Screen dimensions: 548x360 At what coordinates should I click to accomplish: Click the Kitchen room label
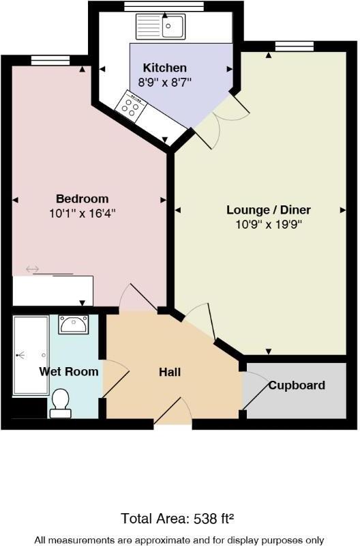(x=164, y=68)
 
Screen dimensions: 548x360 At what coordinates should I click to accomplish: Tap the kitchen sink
(x=161, y=27)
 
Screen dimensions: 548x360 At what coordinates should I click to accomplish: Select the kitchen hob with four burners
(x=130, y=105)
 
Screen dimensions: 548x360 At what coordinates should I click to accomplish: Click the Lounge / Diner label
(x=269, y=210)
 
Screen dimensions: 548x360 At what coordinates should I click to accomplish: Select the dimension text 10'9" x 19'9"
(x=269, y=223)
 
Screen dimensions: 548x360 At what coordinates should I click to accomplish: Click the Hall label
(x=170, y=372)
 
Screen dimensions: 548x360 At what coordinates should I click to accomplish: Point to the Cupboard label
(x=297, y=386)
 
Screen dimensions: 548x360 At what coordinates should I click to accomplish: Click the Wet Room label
(x=69, y=372)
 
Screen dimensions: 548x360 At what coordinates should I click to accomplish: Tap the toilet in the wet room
(x=60, y=403)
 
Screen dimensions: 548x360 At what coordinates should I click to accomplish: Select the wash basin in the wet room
(x=73, y=324)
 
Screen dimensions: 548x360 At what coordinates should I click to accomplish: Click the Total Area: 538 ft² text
(x=180, y=518)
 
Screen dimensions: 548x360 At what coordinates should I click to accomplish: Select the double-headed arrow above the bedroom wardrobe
(x=33, y=269)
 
